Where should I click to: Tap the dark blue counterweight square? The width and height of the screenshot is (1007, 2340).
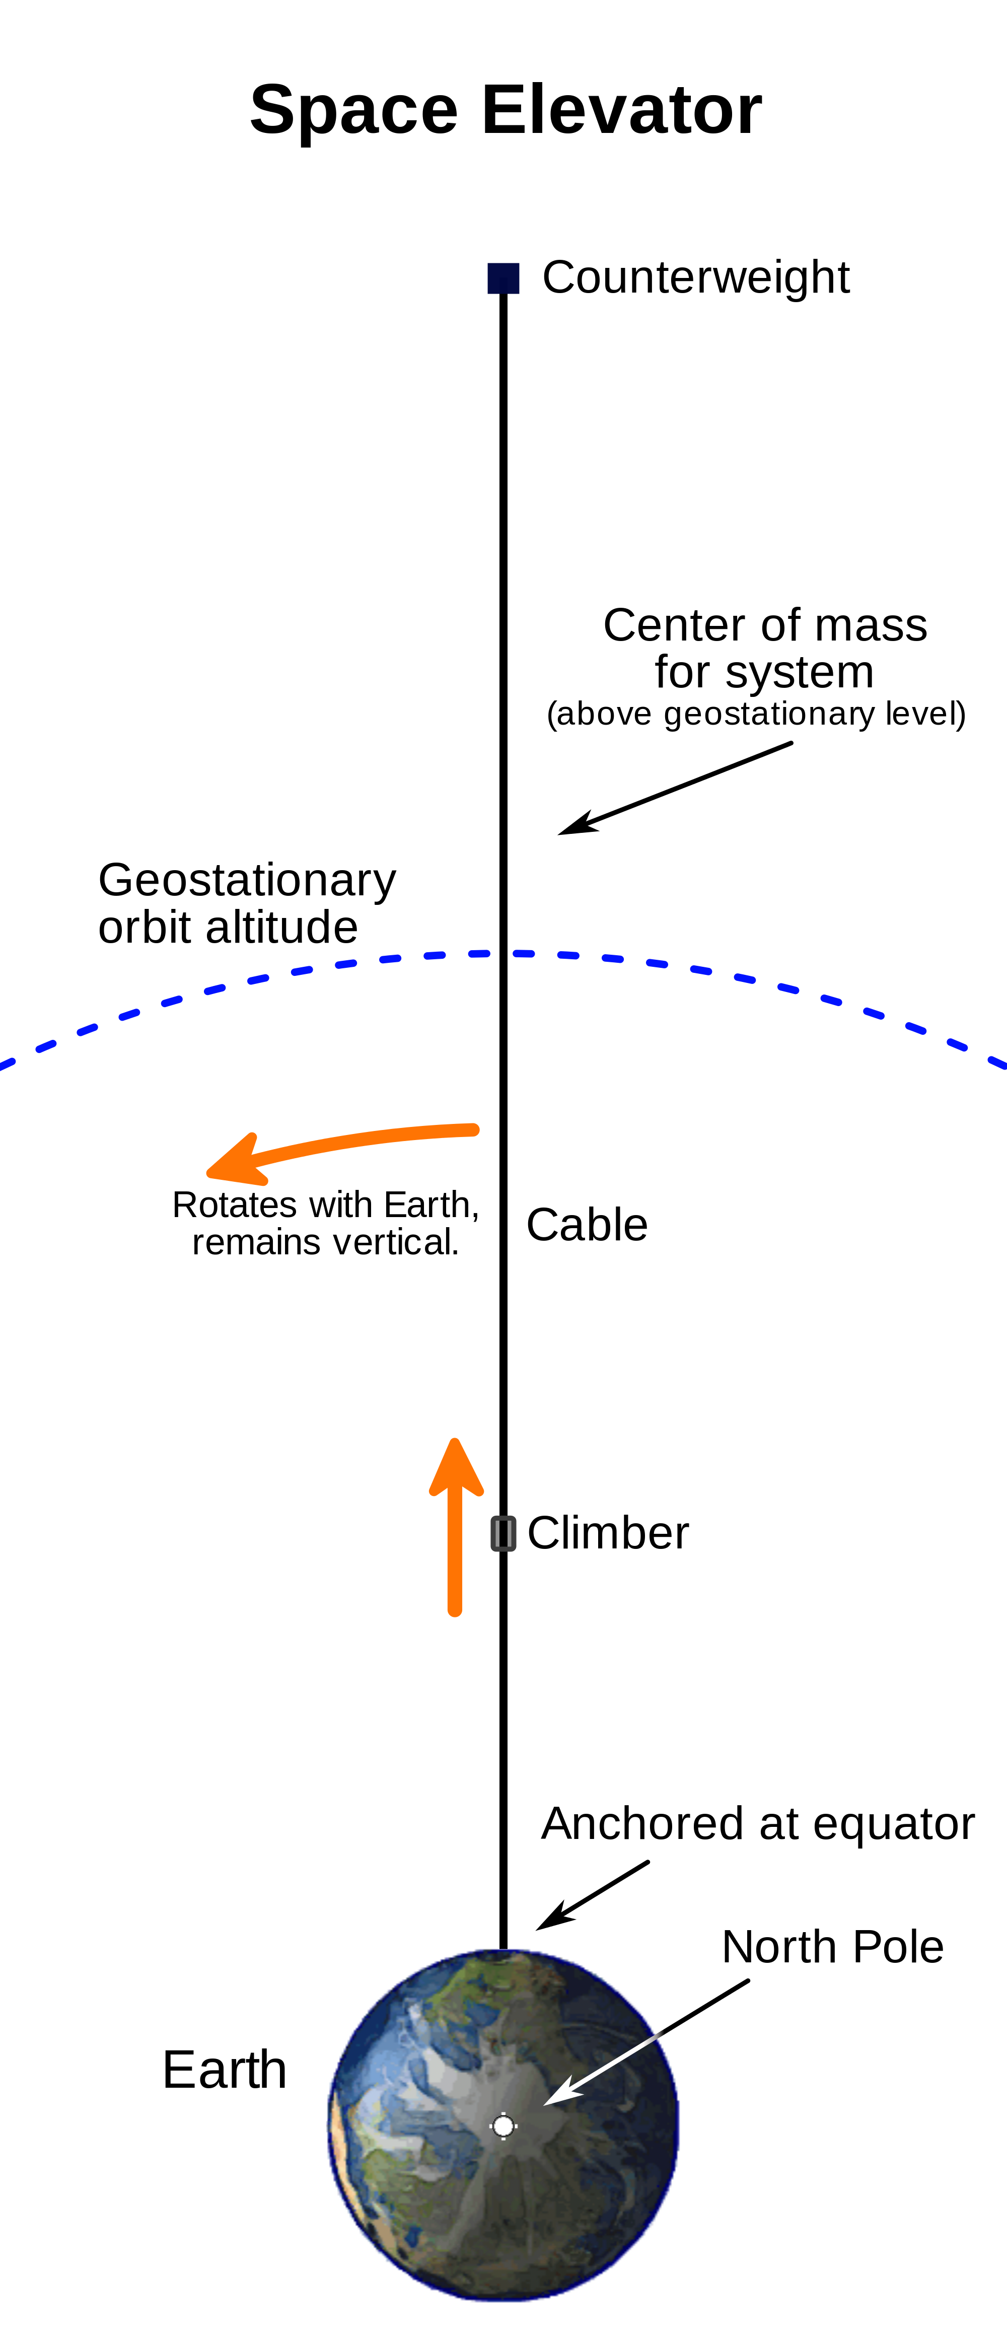pos(504,278)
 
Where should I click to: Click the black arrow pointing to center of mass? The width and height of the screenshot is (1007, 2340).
pos(676,789)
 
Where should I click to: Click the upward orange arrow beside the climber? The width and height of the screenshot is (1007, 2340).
pos(456,1527)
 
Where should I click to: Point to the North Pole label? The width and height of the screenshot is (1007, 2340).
pos(833,1948)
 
